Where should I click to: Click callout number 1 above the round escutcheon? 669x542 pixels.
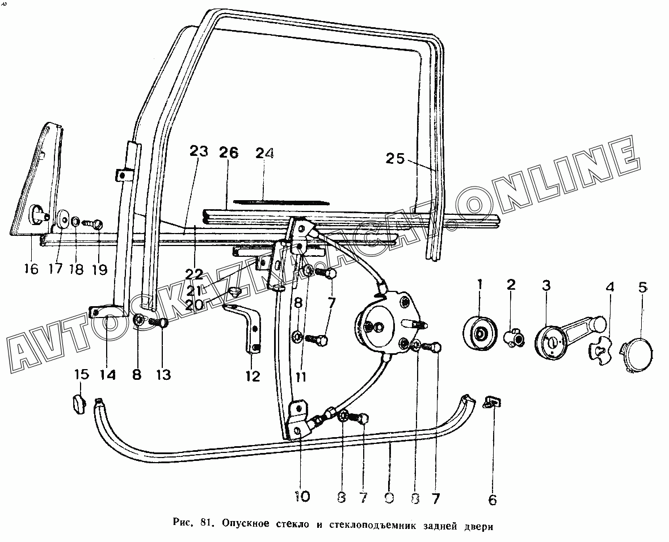click(480, 286)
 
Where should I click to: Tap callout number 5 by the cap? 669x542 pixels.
click(642, 287)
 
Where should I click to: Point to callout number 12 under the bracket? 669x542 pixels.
click(253, 375)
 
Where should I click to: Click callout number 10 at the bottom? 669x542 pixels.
click(302, 497)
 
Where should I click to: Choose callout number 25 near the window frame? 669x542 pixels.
click(395, 159)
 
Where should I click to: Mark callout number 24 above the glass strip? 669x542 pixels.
click(264, 153)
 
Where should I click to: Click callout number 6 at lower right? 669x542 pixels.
click(492, 499)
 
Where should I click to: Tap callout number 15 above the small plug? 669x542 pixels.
click(82, 375)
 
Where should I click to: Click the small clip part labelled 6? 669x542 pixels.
click(493, 402)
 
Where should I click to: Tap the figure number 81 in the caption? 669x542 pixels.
click(207, 525)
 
